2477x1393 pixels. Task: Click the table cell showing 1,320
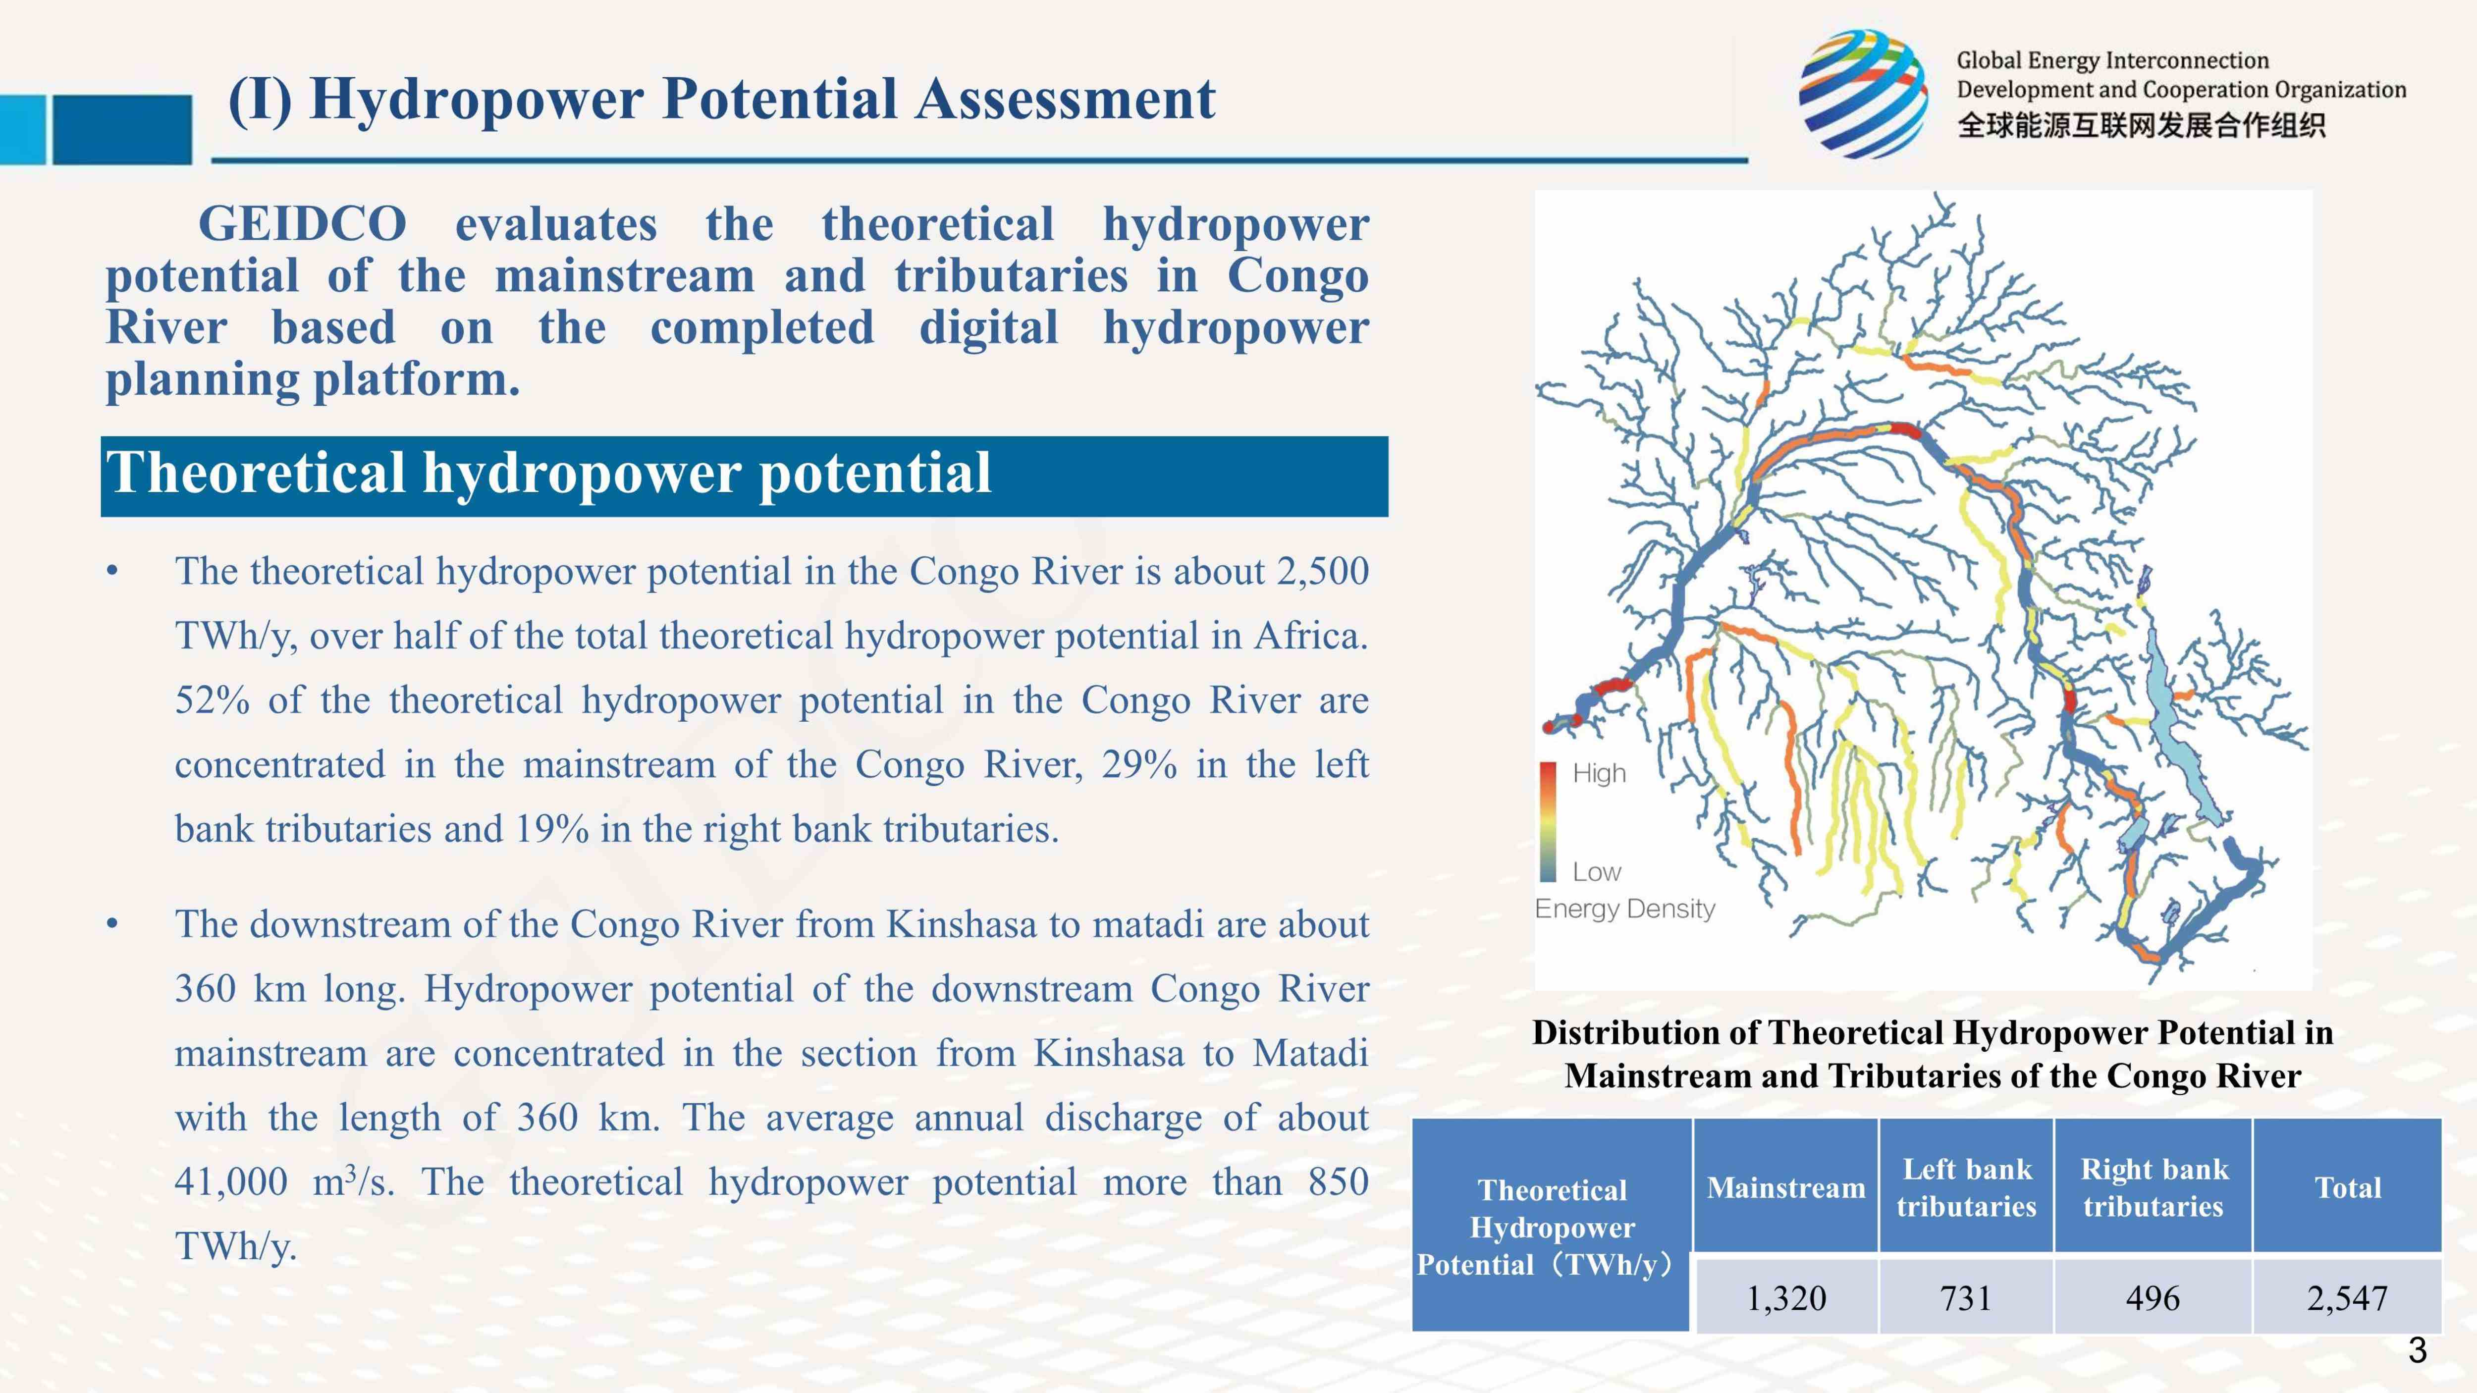1785,1297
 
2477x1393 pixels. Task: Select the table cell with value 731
1966,1297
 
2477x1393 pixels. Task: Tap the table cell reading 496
2153,1297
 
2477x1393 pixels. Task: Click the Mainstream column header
1785,1187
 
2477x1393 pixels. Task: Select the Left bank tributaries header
1966,1187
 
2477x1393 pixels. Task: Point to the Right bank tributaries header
2153,1187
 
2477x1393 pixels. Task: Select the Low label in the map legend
1596,872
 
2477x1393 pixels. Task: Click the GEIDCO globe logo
1863,93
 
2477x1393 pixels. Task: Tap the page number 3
2418,1351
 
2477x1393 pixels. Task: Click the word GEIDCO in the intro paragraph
302,224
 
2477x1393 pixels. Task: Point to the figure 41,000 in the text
231,1181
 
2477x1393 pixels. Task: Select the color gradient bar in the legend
1548,822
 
